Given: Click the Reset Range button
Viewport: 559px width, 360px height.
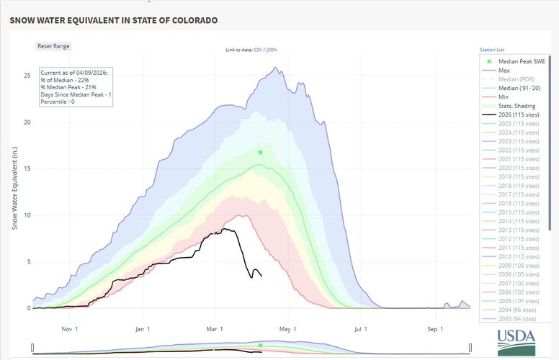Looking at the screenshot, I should coord(54,46).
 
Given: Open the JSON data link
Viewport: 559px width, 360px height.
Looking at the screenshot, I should coord(273,50).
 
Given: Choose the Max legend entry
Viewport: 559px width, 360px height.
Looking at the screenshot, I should coord(504,71).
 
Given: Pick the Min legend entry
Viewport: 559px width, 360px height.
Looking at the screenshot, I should coord(504,97).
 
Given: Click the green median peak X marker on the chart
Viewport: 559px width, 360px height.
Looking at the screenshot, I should coord(260,153).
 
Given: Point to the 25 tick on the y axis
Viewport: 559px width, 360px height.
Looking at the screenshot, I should coord(27,76).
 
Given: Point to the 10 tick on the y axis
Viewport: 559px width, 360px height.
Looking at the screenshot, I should coord(27,215).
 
